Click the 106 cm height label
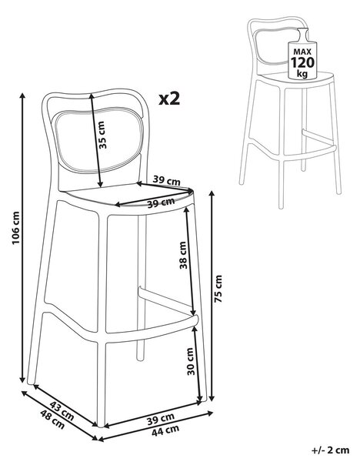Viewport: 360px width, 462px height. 16,227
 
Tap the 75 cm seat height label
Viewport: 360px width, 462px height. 218,289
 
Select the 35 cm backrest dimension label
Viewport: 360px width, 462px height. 102,135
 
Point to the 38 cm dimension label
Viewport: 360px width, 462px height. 183,255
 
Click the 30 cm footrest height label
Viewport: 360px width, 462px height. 191,361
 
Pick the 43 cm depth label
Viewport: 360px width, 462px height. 62,410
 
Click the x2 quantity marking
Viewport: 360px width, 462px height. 169,99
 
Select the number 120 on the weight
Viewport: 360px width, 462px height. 302,62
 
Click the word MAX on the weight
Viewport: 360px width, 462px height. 302,52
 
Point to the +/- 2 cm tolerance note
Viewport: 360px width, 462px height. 330,450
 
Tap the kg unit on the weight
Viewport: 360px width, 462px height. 302,73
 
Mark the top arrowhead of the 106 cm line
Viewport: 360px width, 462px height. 22,95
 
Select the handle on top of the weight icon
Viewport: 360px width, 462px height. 303,35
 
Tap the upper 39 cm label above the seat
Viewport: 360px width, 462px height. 166,180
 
